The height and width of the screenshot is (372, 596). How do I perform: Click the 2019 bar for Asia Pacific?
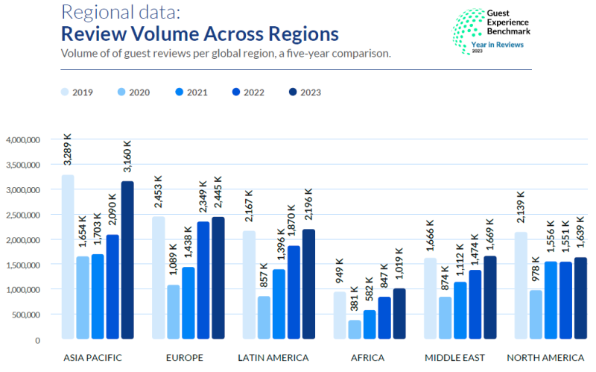tap(68, 257)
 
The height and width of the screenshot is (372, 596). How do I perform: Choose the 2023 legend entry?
tap(305, 92)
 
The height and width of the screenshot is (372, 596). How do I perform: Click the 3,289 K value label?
tap(68, 149)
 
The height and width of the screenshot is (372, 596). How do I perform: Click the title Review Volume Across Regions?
tap(200, 34)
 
